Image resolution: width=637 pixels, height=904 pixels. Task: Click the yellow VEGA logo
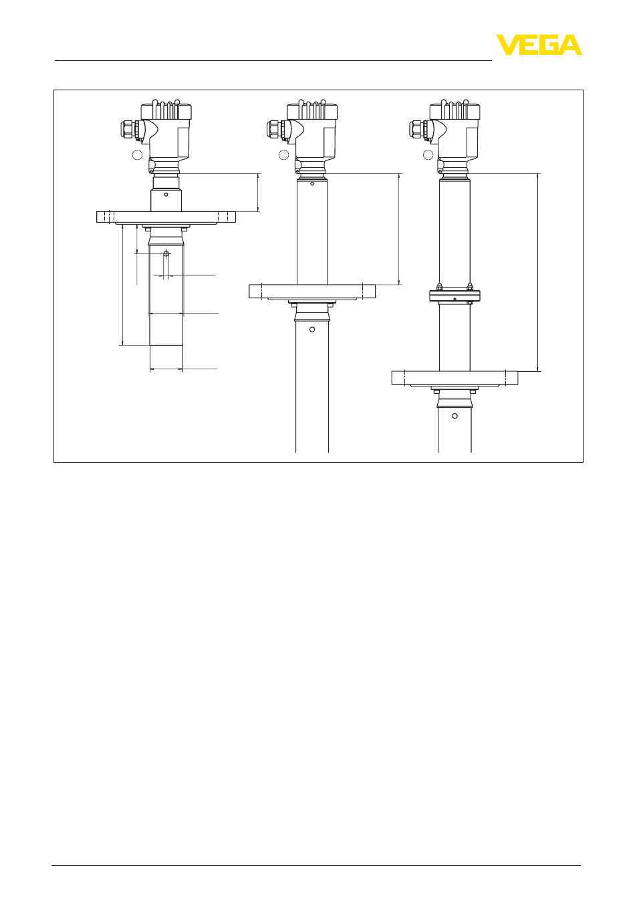tap(539, 45)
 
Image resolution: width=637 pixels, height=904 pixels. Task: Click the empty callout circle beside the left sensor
tap(138, 154)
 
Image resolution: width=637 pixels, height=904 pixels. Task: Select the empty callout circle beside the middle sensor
tap(283, 154)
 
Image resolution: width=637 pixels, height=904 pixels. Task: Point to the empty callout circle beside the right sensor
tap(428, 154)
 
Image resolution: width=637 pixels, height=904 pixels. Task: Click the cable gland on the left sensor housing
tap(131, 130)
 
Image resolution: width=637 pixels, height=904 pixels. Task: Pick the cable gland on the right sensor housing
tap(420, 130)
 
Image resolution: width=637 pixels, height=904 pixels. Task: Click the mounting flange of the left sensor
tap(166, 217)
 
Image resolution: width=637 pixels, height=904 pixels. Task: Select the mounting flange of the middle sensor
tap(312, 292)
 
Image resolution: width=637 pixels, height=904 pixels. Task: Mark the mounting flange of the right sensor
tap(455, 378)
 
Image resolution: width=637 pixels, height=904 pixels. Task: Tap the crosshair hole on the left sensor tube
tap(166, 253)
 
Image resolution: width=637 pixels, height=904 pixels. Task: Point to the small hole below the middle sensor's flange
tap(312, 330)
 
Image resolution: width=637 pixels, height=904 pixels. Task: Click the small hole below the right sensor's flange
tap(455, 416)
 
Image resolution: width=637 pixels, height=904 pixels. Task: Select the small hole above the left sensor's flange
tap(166, 195)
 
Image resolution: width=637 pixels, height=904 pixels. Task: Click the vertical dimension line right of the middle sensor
tap(399, 229)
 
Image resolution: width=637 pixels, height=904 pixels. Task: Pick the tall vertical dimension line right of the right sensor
tap(538, 272)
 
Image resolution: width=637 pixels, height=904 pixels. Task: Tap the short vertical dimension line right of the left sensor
tap(258, 193)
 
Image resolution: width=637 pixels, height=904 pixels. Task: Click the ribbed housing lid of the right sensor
tap(455, 110)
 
